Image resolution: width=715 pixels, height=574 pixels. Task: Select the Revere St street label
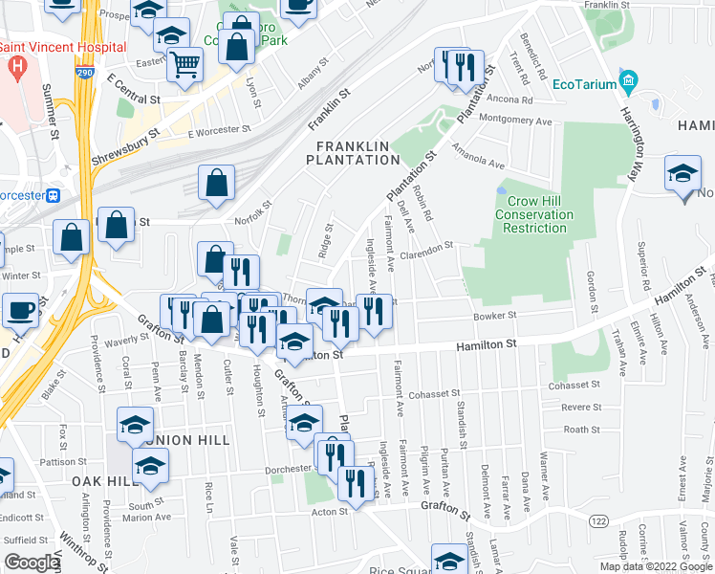580,407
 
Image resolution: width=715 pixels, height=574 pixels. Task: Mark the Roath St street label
581,430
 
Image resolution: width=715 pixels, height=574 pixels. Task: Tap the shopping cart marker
184,66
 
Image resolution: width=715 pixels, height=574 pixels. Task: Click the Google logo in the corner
32,563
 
